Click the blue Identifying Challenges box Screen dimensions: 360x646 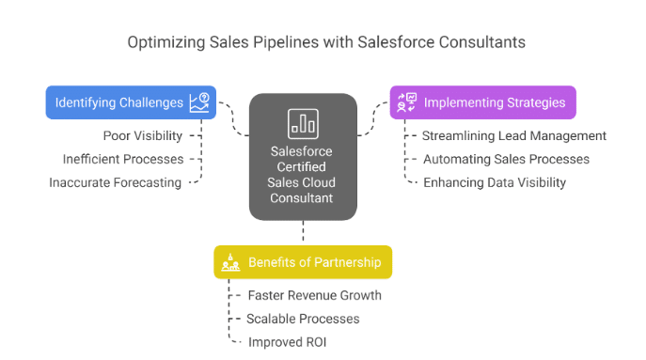pyautogui.click(x=131, y=102)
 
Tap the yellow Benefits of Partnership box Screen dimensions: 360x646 pyautogui.click(x=303, y=261)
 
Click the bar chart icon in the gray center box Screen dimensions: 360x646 pyautogui.click(x=303, y=122)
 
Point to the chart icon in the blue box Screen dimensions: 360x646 pyautogui.click(x=198, y=102)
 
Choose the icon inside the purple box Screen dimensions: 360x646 pyautogui.click(x=408, y=102)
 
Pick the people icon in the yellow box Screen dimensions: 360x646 pyautogui.click(x=230, y=262)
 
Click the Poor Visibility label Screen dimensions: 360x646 pyautogui.click(x=143, y=136)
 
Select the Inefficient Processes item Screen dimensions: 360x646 pyautogui.click(x=123, y=159)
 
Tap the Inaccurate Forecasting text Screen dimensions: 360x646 pyautogui.click(x=116, y=182)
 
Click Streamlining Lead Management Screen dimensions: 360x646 pyautogui.click(x=514, y=136)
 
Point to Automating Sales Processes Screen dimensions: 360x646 pyautogui.click(x=506, y=159)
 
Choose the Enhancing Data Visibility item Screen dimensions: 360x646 pyautogui.click(x=495, y=182)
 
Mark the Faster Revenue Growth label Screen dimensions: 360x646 pyautogui.click(x=314, y=295)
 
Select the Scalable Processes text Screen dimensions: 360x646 pyautogui.click(x=303, y=319)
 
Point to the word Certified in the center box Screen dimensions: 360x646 pyautogui.click(x=303, y=166)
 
